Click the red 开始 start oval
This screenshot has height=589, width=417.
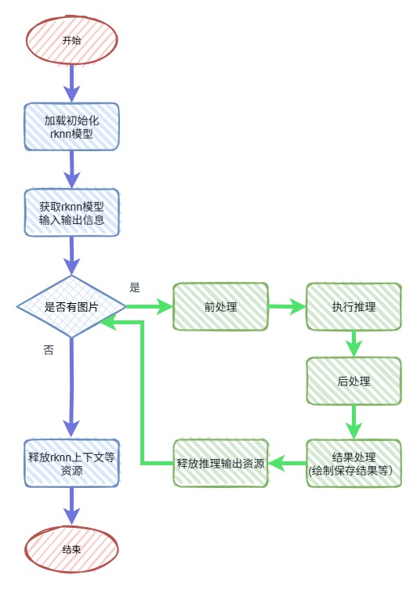(71, 40)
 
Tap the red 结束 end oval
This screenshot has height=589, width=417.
(71, 550)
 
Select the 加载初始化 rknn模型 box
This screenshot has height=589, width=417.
(71, 126)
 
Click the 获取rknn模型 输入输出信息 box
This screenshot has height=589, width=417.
(71, 213)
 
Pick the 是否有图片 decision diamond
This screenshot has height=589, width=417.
(71, 306)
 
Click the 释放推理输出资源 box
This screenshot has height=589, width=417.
(220, 464)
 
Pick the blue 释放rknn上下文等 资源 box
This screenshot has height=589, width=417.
(71, 464)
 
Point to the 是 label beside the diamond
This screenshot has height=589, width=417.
(135, 287)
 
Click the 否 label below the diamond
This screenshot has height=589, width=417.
(49, 351)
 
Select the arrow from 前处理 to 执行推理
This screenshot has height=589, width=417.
(286, 307)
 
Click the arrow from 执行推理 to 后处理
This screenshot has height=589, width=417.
(354, 343)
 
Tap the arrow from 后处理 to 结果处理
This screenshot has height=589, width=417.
(354, 422)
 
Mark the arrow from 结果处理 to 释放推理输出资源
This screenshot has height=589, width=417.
(286, 464)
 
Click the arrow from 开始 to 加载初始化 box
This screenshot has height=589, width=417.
(72, 82)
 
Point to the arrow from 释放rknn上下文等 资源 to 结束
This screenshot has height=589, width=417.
(72, 506)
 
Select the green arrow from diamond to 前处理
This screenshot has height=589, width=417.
(149, 306)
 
